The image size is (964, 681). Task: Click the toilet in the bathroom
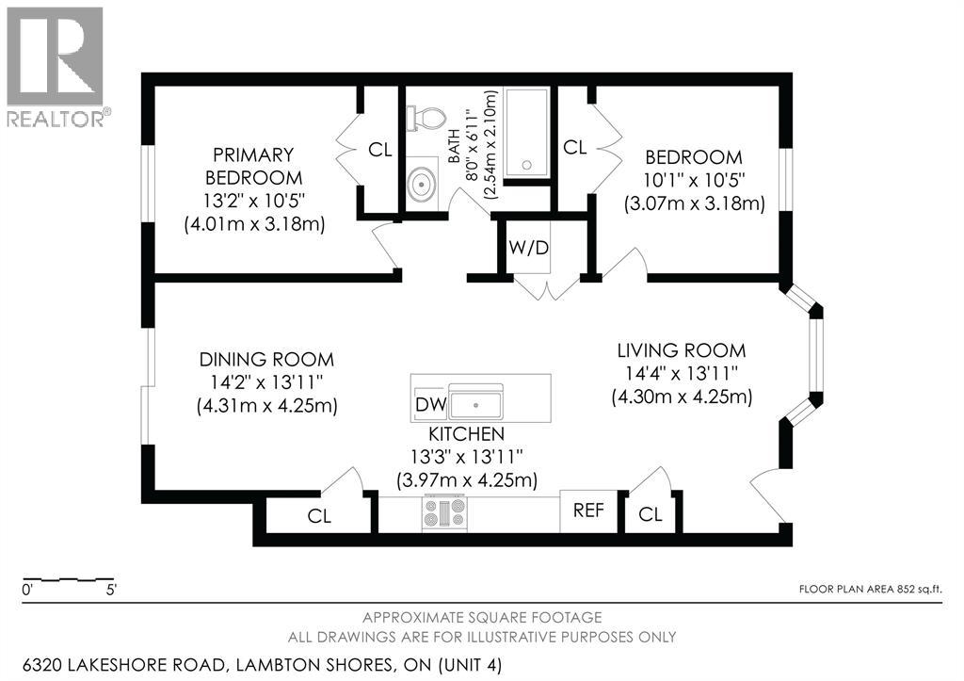pyautogui.click(x=426, y=118)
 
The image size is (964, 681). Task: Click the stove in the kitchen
pyautogui.click(x=444, y=512)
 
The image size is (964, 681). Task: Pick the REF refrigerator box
pyautogui.click(x=589, y=511)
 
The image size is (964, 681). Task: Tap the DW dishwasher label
pyautogui.click(x=431, y=403)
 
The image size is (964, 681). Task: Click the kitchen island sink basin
pyautogui.click(x=475, y=405)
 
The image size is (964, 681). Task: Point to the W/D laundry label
pyautogui.click(x=528, y=248)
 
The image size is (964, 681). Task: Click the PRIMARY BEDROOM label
pyautogui.click(x=254, y=166)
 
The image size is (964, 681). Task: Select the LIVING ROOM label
pyautogui.click(x=682, y=350)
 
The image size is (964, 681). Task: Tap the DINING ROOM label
pyautogui.click(x=266, y=359)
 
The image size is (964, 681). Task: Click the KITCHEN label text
pyautogui.click(x=467, y=433)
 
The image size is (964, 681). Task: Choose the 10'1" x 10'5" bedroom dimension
pyautogui.click(x=694, y=180)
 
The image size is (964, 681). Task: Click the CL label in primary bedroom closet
pyautogui.click(x=380, y=150)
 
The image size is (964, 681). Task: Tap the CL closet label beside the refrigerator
pyautogui.click(x=651, y=513)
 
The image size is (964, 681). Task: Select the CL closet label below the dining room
pyautogui.click(x=319, y=516)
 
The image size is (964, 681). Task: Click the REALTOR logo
pyautogui.click(x=56, y=67)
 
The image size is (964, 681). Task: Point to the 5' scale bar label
pyautogui.click(x=111, y=590)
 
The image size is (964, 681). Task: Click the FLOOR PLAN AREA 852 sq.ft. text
pyautogui.click(x=870, y=589)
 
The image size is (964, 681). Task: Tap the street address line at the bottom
pyautogui.click(x=263, y=665)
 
